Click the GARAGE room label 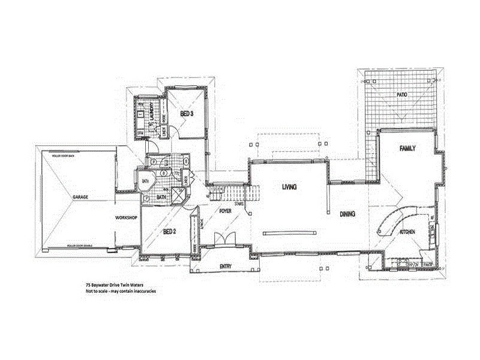(x=81, y=197)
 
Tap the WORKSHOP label (x=127, y=217)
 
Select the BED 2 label (x=169, y=232)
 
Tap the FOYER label (x=226, y=211)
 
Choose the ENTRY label (x=226, y=266)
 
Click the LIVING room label (x=290, y=187)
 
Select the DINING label (x=349, y=213)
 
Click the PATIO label (x=401, y=95)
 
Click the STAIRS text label (x=239, y=204)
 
